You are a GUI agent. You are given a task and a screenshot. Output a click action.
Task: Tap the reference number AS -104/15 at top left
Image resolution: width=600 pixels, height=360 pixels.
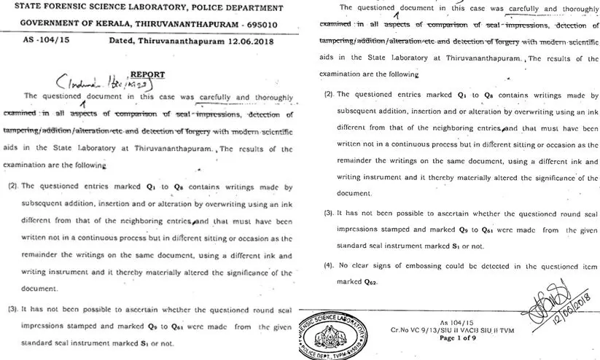pos(34,41)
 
